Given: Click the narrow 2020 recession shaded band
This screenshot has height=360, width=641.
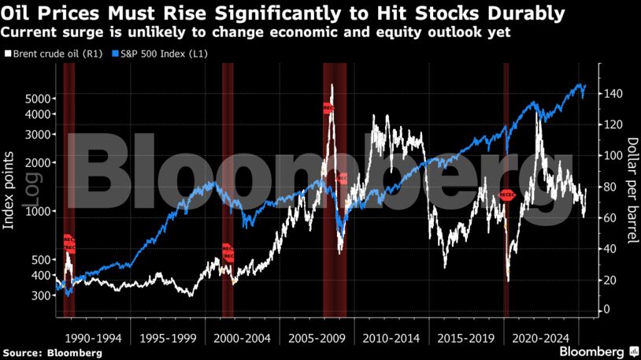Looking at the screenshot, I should coord(506,189).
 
